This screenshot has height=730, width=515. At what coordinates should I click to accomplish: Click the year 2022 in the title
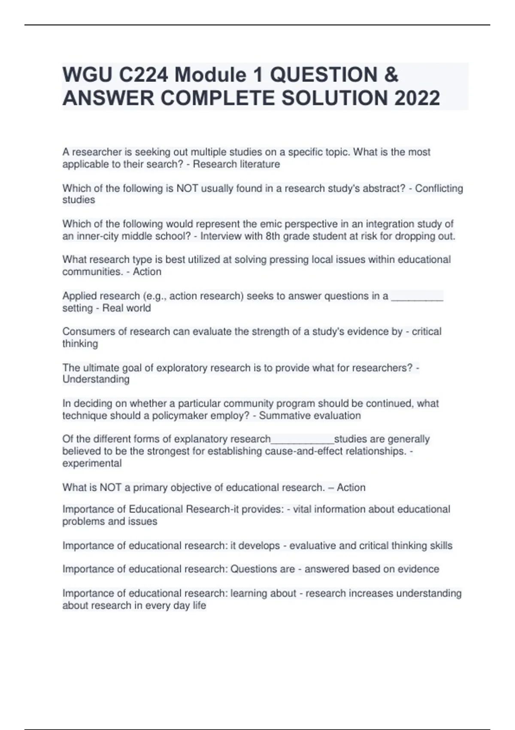click(x=417, y=98)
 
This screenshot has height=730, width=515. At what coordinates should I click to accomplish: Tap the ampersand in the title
click(x=391, y=75)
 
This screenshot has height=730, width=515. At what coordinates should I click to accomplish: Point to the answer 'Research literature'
click(x=236, y=164)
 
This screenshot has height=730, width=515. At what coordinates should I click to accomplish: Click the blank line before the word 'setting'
click(x=417, y=296)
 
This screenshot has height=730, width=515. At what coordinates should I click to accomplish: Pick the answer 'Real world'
click(x=127, y=308)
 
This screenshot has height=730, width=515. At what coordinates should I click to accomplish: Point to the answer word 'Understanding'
click(x=96, y=379)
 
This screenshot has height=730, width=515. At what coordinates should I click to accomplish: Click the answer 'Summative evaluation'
click(x=310, y=416)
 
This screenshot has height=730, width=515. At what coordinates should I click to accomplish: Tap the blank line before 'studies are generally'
click(x=302, y=440)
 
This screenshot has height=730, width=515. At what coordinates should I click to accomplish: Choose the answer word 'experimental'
click(x=92, y=463)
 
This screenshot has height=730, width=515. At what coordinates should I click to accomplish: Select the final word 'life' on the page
click(x=199, y=605)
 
